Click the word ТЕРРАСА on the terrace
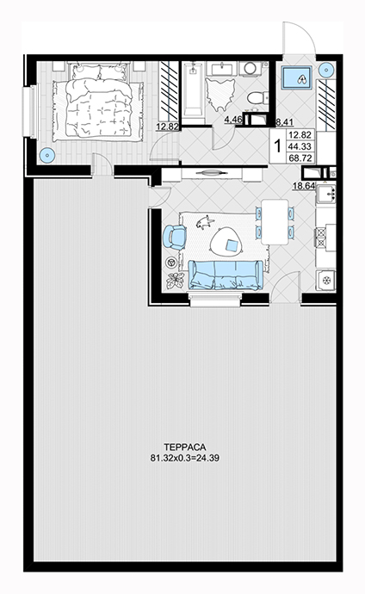coord(185,447)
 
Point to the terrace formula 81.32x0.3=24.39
coord(185,458)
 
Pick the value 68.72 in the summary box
coord(300,158)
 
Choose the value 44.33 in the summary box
coord(300,146)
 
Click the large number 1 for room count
coord(277,146)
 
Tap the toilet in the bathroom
coord(257,98)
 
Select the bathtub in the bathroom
coord(194,90)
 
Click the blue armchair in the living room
coord(174,237)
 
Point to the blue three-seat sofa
coord(226,275)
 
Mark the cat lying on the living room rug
coord(205,222)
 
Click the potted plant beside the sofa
coord(175,281)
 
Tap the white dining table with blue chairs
coord(275,222)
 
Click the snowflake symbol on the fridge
coord(326,281)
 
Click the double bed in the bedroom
coord(98,102)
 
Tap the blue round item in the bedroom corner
coord(47,155)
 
